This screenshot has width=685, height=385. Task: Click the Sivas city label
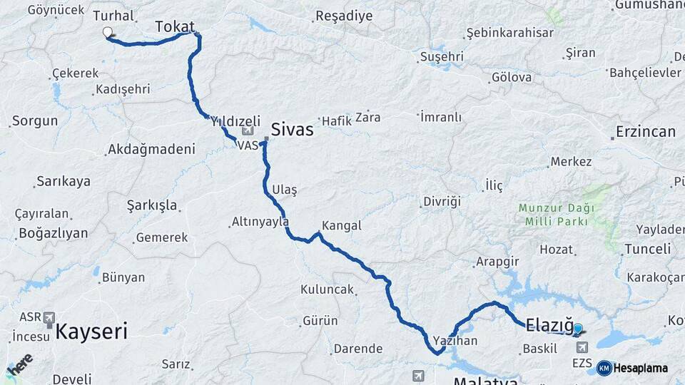pyautogui.click(x=292, y=130)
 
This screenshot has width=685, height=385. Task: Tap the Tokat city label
pyautogui.click(x=174, y=27)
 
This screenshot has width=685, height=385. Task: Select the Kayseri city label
pyautogui.click(x=91, y=331)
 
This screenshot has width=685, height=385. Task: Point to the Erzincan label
pyautogui.click(x=644, y=132)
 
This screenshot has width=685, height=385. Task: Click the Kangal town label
pyautogui.click(x=342, y=225)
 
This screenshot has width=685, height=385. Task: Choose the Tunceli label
pyautogui.click(x=647, y=249)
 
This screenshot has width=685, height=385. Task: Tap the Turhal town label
pyautogui.click(x=113, y=15)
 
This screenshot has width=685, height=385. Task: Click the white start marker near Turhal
pyautogui.click(x=108, y=32)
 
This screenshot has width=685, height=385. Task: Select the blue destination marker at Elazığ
pyautogui.click(x=577, y=329)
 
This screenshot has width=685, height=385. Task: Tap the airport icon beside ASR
pyautogui.click(x=49, y=317)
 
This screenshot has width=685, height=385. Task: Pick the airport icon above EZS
pyautogui.click(x=582, y=347)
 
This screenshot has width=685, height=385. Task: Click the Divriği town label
pyautogui.click(x=442, y=202)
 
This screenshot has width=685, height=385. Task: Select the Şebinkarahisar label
pyautogui.click(x=499, y=33)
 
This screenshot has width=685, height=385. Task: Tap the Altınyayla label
pyautogui.click(x=260, y=222)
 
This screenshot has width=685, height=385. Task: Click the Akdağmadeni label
pyautogui.click(x=151, y=149)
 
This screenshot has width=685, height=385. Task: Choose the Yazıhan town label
pyautogui.click(x=455, y=341)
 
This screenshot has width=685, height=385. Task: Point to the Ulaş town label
pyautogui.click(x=284, y=190)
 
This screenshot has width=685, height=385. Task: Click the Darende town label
pyautogui.click(x=358, y=349)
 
